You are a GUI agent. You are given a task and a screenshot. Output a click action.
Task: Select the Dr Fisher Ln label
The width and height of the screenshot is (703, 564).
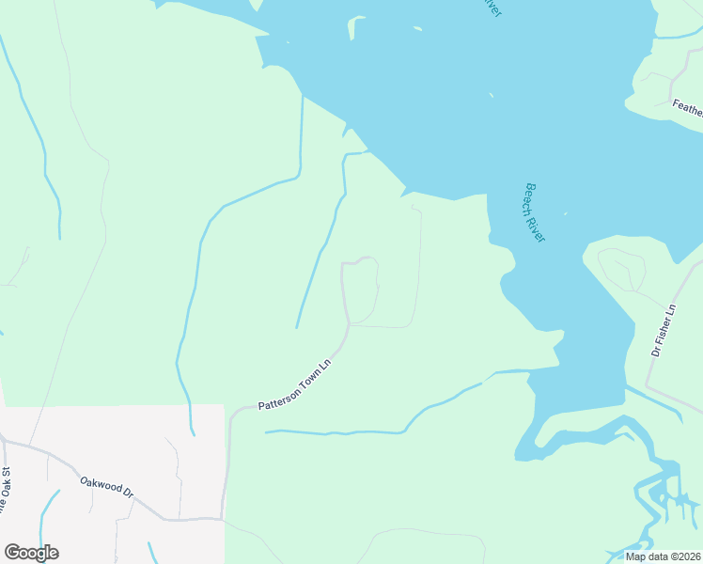(664, 330)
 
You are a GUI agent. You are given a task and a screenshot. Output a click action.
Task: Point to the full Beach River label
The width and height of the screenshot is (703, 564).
(535, 212)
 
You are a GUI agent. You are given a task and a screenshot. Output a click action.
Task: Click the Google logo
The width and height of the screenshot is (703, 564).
(31, 553)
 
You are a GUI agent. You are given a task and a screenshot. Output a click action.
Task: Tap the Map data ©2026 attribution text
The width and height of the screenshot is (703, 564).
(663, 556)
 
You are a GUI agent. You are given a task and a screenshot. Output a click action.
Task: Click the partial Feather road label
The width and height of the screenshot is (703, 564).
(687, 109)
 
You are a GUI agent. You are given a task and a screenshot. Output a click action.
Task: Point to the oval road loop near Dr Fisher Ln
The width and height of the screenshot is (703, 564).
(622, 270)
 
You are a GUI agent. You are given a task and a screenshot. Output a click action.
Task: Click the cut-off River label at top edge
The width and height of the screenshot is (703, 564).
(492, 7)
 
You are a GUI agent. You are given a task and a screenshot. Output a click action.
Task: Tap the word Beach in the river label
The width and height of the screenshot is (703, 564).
(531, 199)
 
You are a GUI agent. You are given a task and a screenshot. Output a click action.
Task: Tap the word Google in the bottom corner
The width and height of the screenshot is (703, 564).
(31, 553)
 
